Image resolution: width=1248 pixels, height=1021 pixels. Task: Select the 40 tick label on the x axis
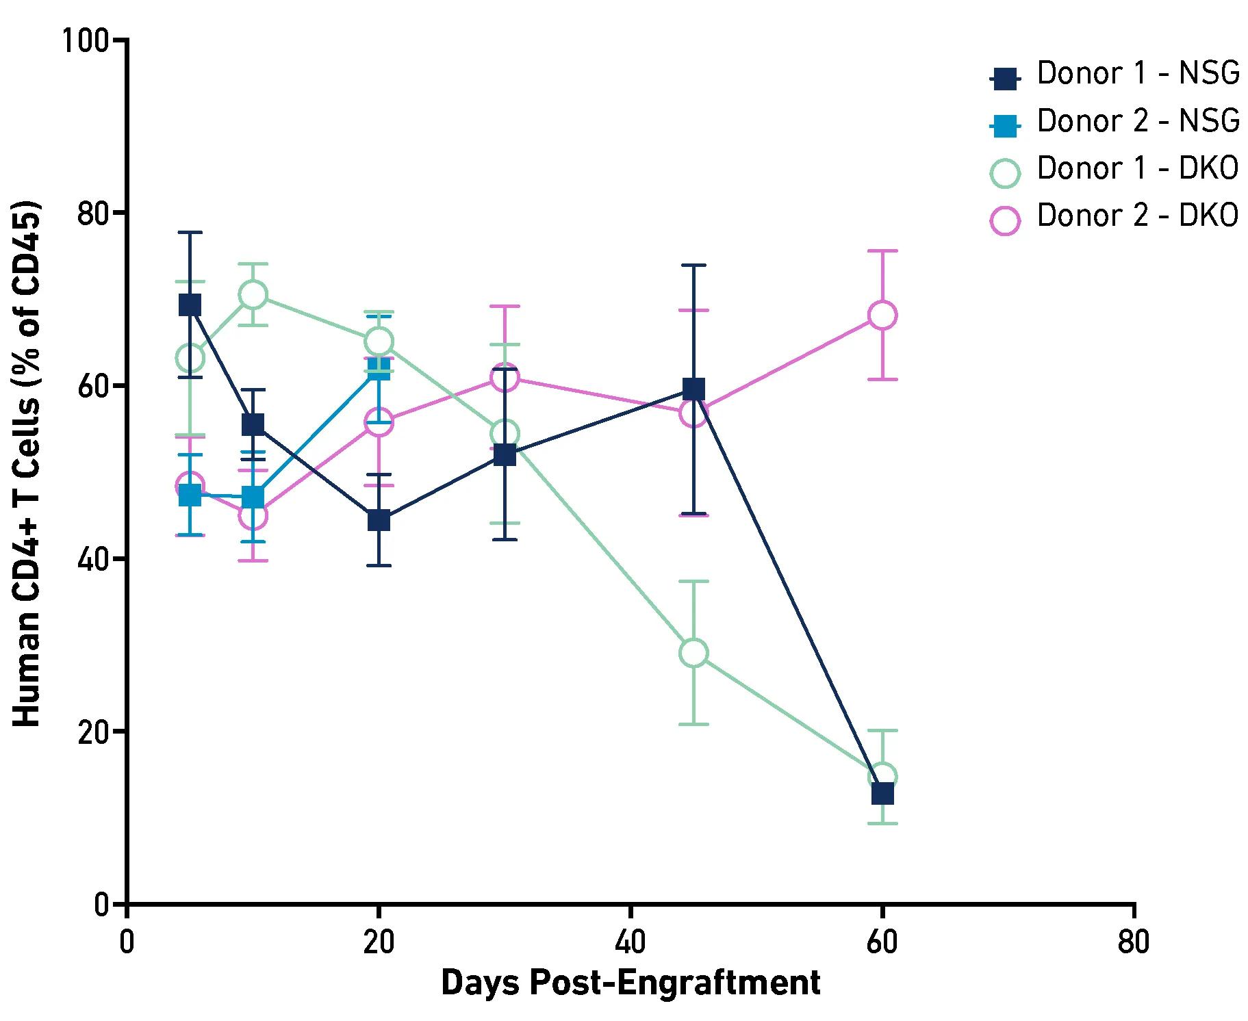point(630,942)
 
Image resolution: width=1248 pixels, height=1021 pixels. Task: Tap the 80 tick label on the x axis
point(1133,942)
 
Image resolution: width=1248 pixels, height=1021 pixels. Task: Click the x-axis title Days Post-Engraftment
point(630,983)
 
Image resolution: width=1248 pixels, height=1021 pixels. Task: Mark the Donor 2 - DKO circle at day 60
point(882,315)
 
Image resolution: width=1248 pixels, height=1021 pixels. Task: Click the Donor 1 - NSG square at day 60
point(882,794)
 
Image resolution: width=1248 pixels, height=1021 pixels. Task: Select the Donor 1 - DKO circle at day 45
point(693,653)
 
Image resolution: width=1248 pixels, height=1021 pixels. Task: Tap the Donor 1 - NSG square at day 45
point(693,389)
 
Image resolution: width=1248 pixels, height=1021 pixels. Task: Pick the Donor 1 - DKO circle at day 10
point(253,294)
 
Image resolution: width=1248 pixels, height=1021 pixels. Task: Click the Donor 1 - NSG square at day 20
point(379,520)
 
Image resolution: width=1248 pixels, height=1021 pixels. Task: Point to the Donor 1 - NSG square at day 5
point(190,305)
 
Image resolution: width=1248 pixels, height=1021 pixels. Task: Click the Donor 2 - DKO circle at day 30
point(505,377)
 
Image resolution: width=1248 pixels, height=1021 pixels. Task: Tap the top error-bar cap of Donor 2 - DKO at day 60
point(882,251)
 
